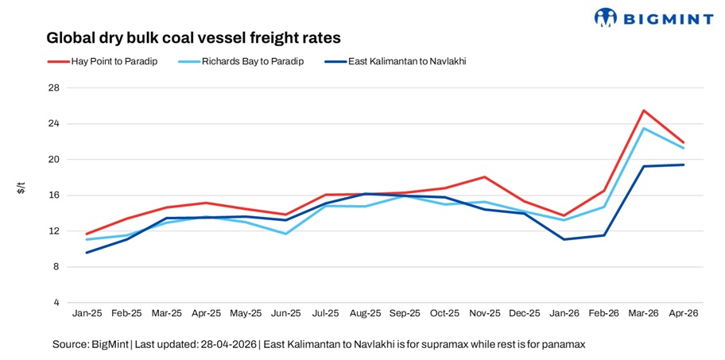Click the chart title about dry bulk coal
[x=193, y=37]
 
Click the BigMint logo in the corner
[x=653, y=17]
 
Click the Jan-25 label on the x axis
[x=87, y=314]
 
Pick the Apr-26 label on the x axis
[x=683, y=314]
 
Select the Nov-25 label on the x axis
[x=484, y=314]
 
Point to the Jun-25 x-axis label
[x=285, y=314]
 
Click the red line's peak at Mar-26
[x=643, y=110]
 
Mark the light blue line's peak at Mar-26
[x=643, y=128]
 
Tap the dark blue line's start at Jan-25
[x=87, y=253]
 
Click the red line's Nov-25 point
[x=484, y=177]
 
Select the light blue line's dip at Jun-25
[x=285, y=234]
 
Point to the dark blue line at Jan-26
[x=564, y=239]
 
